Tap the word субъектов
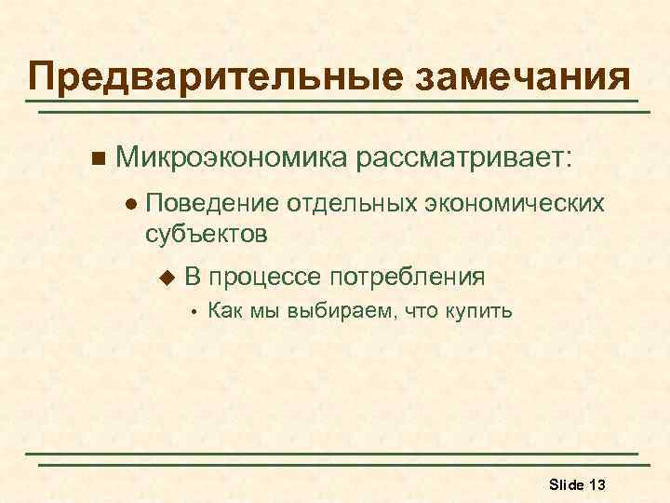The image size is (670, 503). tap(207, 233)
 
